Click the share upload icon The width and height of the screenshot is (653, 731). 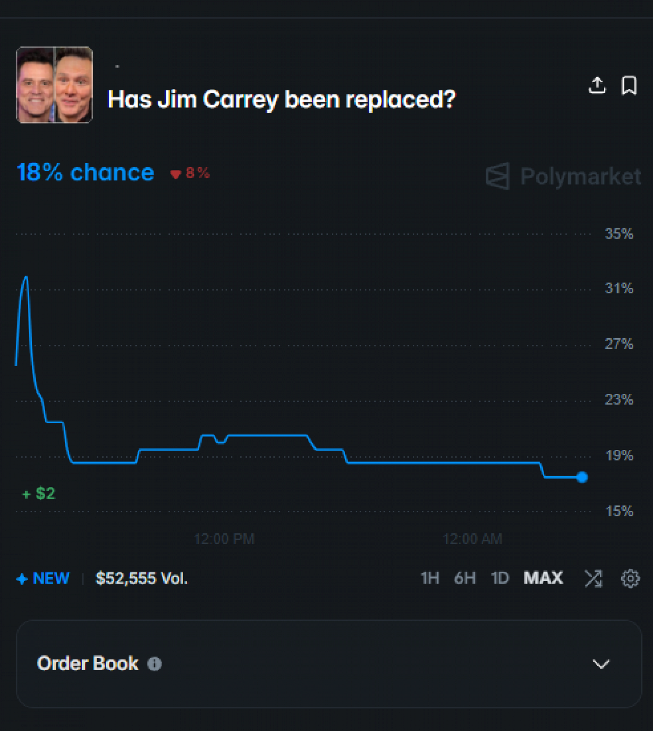tap(597, 85)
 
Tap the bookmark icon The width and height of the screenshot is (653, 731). tap(629, 85)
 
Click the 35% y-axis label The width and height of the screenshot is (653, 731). tap(619, 234)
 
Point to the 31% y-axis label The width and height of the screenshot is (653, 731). tap(619, 288)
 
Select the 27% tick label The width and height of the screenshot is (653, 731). tap(619, 344)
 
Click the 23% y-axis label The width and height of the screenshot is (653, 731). tap(619, 400)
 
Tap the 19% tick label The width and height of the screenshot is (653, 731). tap(619, 455)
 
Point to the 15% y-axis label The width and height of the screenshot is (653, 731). tap(619, 511)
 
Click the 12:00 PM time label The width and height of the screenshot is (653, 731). tap(224, 539)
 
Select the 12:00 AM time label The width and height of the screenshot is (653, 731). tap(472, 539)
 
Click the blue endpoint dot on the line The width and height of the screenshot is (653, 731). tap(582, 477)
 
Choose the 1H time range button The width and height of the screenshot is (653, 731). tap(430, 578)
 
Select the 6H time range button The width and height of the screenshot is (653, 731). tap(465, 578)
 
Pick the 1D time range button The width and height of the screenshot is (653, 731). tap(500, 578)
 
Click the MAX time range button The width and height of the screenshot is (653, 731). tap(543, 578)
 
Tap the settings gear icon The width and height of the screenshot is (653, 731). tap(630, 579)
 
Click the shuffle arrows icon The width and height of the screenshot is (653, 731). tap(593, 579)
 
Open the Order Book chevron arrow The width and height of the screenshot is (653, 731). tap(601, 664)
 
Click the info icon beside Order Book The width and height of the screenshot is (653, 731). tap(155, 664)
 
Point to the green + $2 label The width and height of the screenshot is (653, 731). tap(39, 494)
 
